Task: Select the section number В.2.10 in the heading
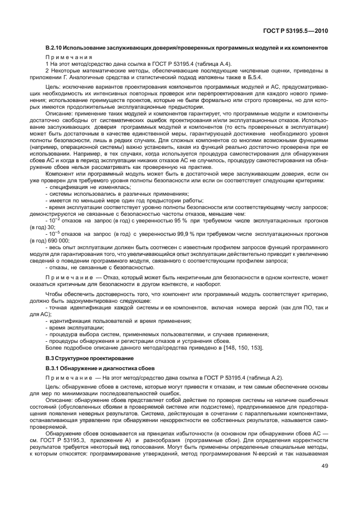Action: [56, 49]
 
